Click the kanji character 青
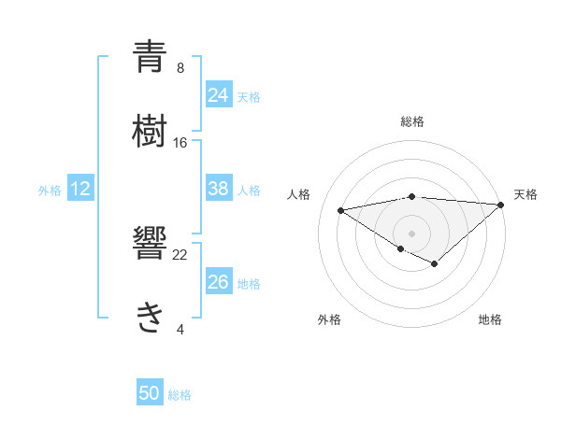(151, 57)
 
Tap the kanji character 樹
(151, 132)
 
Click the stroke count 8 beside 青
(180, 68)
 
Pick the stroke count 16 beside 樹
(180, 143)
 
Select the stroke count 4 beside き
(180, 329)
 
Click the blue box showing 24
(219, 95)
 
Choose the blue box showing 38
(219, 189)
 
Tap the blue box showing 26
(219, 282)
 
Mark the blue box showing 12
(80, 189)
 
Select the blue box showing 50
(150, 394)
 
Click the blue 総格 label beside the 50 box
(180, 395)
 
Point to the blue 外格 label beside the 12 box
(50, 190)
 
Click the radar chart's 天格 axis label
(525, 194)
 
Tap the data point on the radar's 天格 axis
(500, 205)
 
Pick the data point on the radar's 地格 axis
(434, 263)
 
